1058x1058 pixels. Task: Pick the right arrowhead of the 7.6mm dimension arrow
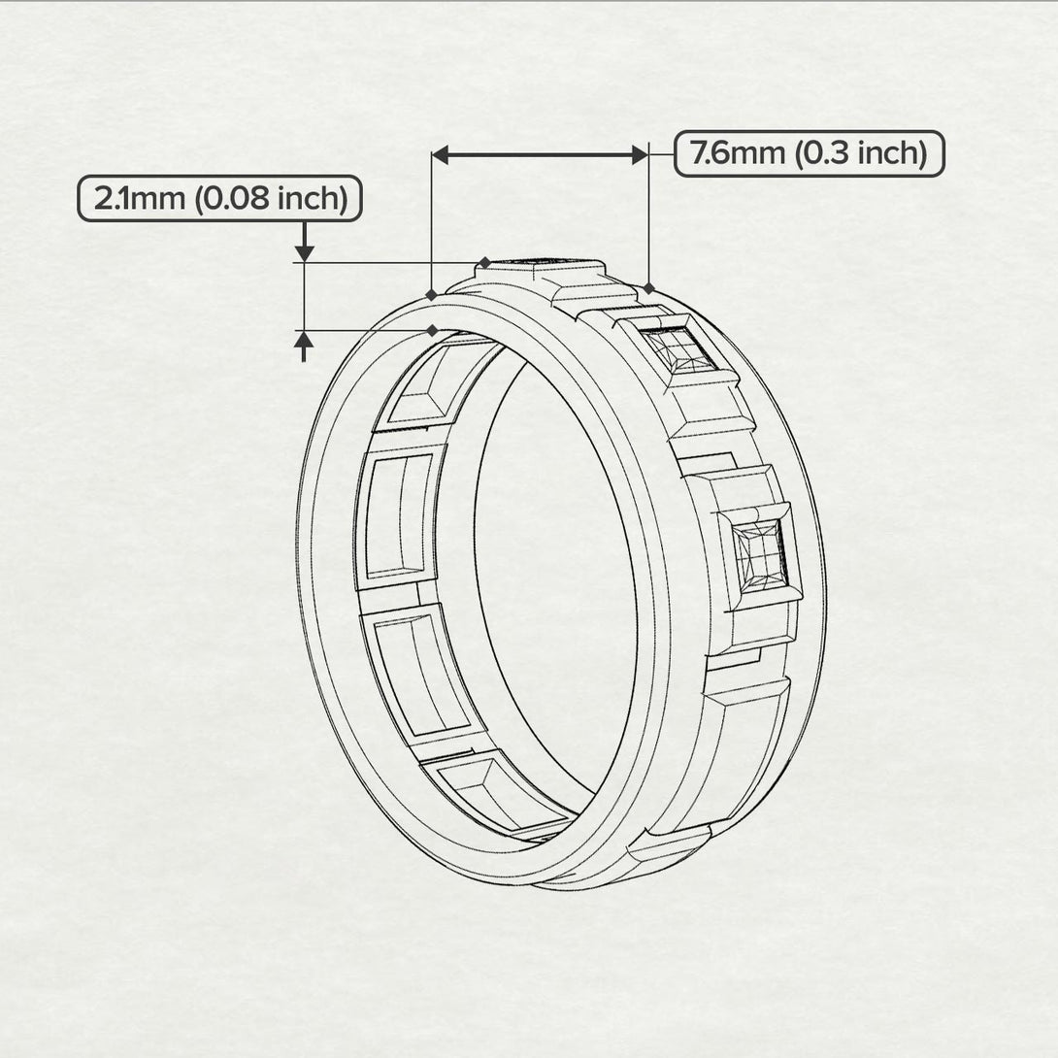pos(639,154)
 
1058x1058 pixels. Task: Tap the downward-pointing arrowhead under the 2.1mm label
pos(305,252)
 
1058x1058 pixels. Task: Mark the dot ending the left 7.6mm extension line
pos(431,293)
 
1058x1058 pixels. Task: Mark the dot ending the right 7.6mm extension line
pos(648,288)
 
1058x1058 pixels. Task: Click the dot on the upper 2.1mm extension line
pos(484,262)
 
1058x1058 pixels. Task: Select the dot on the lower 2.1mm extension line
pos(431,330)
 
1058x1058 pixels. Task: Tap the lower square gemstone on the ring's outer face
pos(759,554)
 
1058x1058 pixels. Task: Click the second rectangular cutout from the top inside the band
pos(397,515)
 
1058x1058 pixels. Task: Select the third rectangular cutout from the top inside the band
pos(415,676)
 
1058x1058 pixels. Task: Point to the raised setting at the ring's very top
pos(540,267)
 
